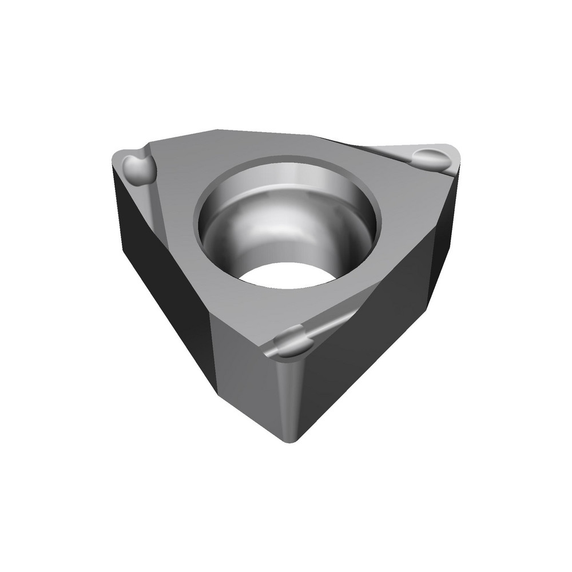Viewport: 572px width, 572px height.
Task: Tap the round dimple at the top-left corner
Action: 138,167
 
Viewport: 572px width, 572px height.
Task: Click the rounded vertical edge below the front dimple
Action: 289,395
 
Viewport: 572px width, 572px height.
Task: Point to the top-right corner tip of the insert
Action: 458,150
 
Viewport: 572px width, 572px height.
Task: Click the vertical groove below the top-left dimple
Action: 153,206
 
